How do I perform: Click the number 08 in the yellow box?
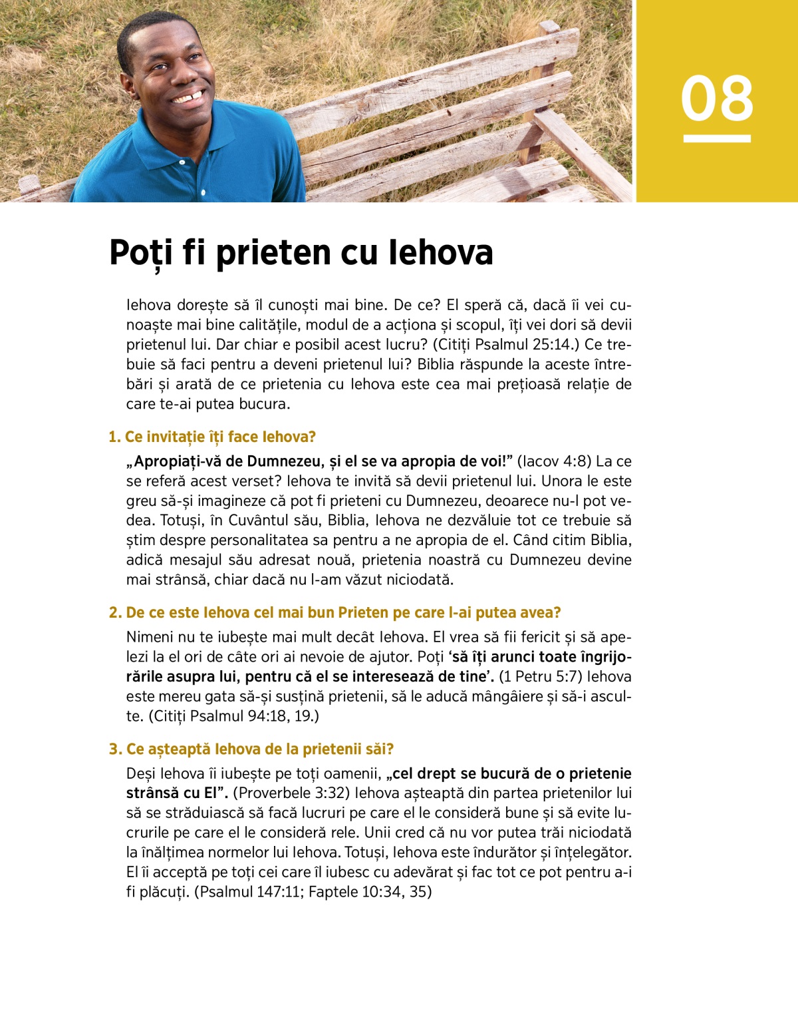(717, 99)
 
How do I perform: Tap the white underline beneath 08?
(717, 138)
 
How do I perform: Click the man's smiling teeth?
(189, 98)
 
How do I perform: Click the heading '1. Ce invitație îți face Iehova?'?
(212, 437)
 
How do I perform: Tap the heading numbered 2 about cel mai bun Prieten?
(335, 612)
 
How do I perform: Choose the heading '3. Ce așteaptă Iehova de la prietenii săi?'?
(251, 749)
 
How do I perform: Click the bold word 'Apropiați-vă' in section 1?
(175, 462)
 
